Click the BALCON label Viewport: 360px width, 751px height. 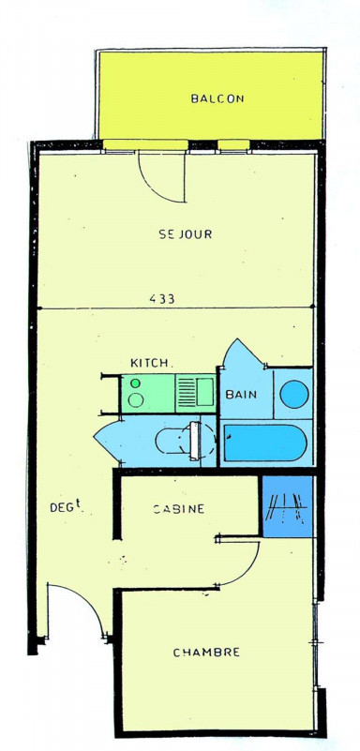(217, 98)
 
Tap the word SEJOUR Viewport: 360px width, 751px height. (186, 234)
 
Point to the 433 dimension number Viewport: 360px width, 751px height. (162, 299)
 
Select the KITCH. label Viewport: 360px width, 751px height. (150, 363)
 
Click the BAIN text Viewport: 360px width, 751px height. (241, 395)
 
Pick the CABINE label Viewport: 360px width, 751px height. (178, 509)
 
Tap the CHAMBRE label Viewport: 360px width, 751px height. (206, 653)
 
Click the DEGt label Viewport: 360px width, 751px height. (65, 506)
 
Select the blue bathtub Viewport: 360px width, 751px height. (265, 443)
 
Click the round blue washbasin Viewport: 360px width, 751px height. (294, 394)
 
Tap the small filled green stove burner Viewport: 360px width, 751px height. (136, 383)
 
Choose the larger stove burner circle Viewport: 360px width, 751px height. (136, 400)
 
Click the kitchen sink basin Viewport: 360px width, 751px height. (205, 392)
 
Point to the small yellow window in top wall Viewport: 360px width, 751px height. (233, 144)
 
